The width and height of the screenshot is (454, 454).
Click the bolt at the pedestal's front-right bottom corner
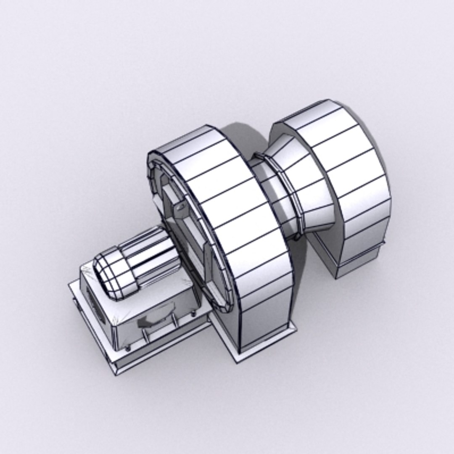pyautogui.click(x=193, y=314)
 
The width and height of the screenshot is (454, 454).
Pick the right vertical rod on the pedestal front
pyautogui.click(x=172, y=322)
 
